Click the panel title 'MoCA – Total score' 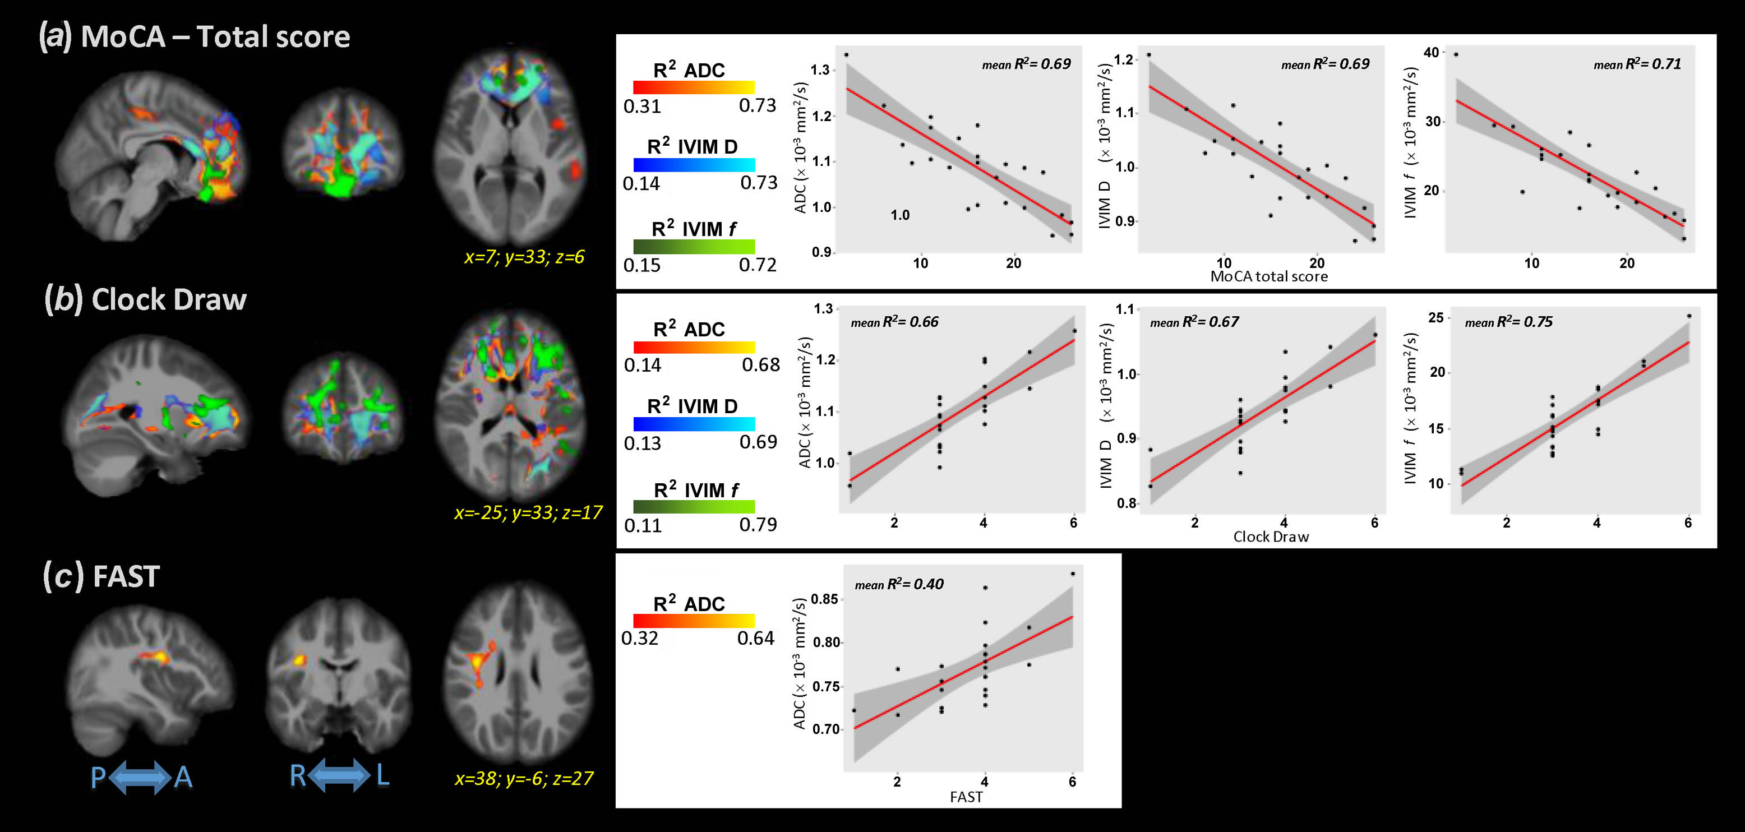pos(215,36)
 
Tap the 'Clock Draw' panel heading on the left pos(169,299)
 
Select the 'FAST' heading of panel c pos(126,576)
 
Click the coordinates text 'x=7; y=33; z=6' pos(524,257)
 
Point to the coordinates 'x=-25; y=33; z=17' pos(528,512)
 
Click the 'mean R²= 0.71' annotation pos(1637,64)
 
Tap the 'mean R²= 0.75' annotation pos(1508,322)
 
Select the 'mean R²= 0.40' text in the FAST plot pos(898,584)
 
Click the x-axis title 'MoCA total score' pos(1269,276)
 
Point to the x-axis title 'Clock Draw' pos(1271,537)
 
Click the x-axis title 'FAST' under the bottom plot pos(966,797)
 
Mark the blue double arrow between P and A pos(140,777)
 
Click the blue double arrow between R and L pos(339,775)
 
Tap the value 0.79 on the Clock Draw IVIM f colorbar pos(758,524)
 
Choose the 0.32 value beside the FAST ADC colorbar pos(639,638)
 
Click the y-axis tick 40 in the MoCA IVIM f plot pos(1430,53)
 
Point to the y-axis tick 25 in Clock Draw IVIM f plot pos(1435,318)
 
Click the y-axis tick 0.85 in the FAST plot pos(824,599)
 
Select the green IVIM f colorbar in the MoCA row pos(694,247)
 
